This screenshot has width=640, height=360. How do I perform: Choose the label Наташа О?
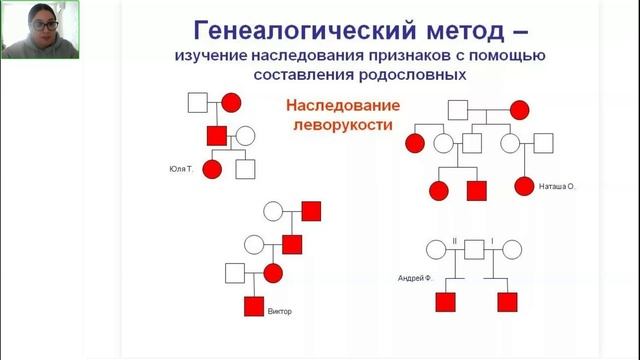pyautogui.click(x=558, y=186)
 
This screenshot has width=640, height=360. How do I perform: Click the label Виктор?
pyautogui.click(x=280, y=311)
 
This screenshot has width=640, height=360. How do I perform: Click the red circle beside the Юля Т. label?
pyautogui.click(x=211, y=169)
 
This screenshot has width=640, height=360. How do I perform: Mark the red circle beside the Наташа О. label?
pyautogui.click(x=524, y=186)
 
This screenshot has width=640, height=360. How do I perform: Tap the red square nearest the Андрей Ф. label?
pyautogui.click(x=446, y=299)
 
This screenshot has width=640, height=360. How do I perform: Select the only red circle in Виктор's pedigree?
pyautogui.click(x=272, y=272)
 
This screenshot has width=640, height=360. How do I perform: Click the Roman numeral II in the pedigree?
pyautogui.click(x=454, y=241)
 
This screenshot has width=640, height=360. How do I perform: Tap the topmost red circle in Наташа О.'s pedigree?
pyautogui.click(x=519, y=109)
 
